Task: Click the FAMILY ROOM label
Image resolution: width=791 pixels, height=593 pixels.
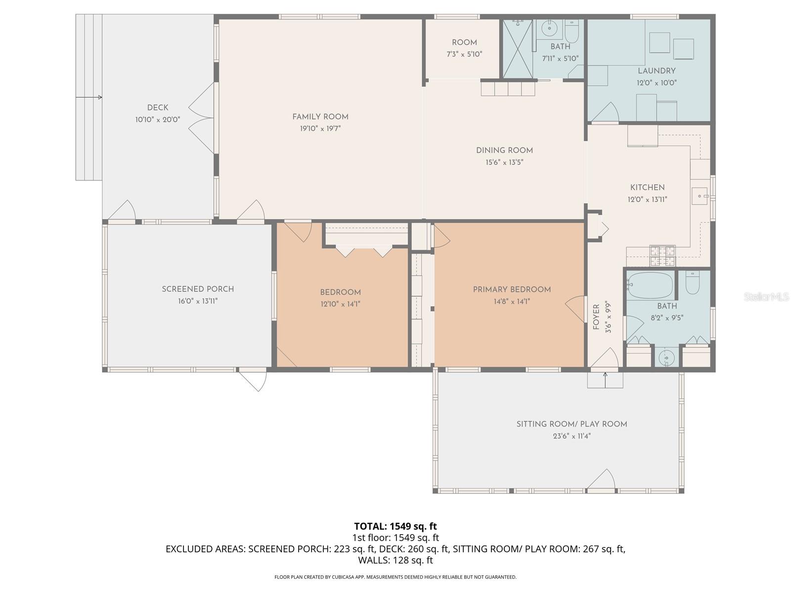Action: click(x=320, y=117)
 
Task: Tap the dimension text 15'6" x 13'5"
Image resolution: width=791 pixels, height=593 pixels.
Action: click(x=504, y=162)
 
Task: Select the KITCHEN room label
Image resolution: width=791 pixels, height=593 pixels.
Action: click(x=647, y=187)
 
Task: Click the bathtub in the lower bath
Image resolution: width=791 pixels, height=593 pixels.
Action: click(x=651, y=285)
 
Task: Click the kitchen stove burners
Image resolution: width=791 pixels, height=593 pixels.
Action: click(x=662, y=255)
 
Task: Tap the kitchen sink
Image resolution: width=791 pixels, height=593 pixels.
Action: click(x=700, y=196)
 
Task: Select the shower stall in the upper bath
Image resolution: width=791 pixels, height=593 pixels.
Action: click(x=518, y=48)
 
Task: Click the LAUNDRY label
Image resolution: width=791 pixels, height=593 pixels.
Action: click(x=657, y=71)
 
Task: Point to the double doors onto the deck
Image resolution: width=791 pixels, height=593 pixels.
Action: click(x=202, y=118)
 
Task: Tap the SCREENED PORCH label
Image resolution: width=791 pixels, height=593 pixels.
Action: click(x=198, y=289)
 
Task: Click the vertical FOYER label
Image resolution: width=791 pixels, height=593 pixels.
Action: click(x=596, y=317)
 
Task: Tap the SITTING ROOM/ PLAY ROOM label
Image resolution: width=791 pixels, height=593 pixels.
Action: click(x=571, y=424)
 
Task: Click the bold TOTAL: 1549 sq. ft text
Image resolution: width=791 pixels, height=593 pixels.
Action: click(x=395, y=526)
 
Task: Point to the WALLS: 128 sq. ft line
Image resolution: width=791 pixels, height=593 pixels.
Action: click(x=395, y=560)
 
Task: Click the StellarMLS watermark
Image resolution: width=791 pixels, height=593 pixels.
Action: click(x=766, y=296)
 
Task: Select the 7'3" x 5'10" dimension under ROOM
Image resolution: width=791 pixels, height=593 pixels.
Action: click(x=464, y=54)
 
